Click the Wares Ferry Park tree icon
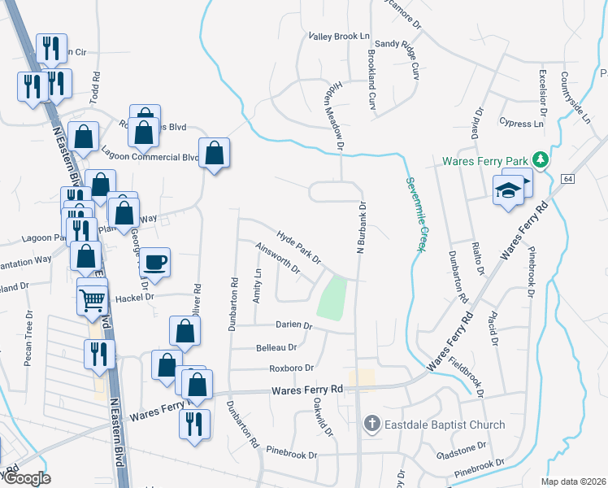(539, 159)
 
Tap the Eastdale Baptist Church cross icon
(371, 424)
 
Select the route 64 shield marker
(567, 177)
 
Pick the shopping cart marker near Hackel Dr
(92, 300)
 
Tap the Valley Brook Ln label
(339, 37)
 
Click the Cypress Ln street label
(522, 124)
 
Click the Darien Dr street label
(297, 325)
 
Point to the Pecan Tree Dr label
(28, 336)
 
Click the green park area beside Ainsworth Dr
(331, 298)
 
